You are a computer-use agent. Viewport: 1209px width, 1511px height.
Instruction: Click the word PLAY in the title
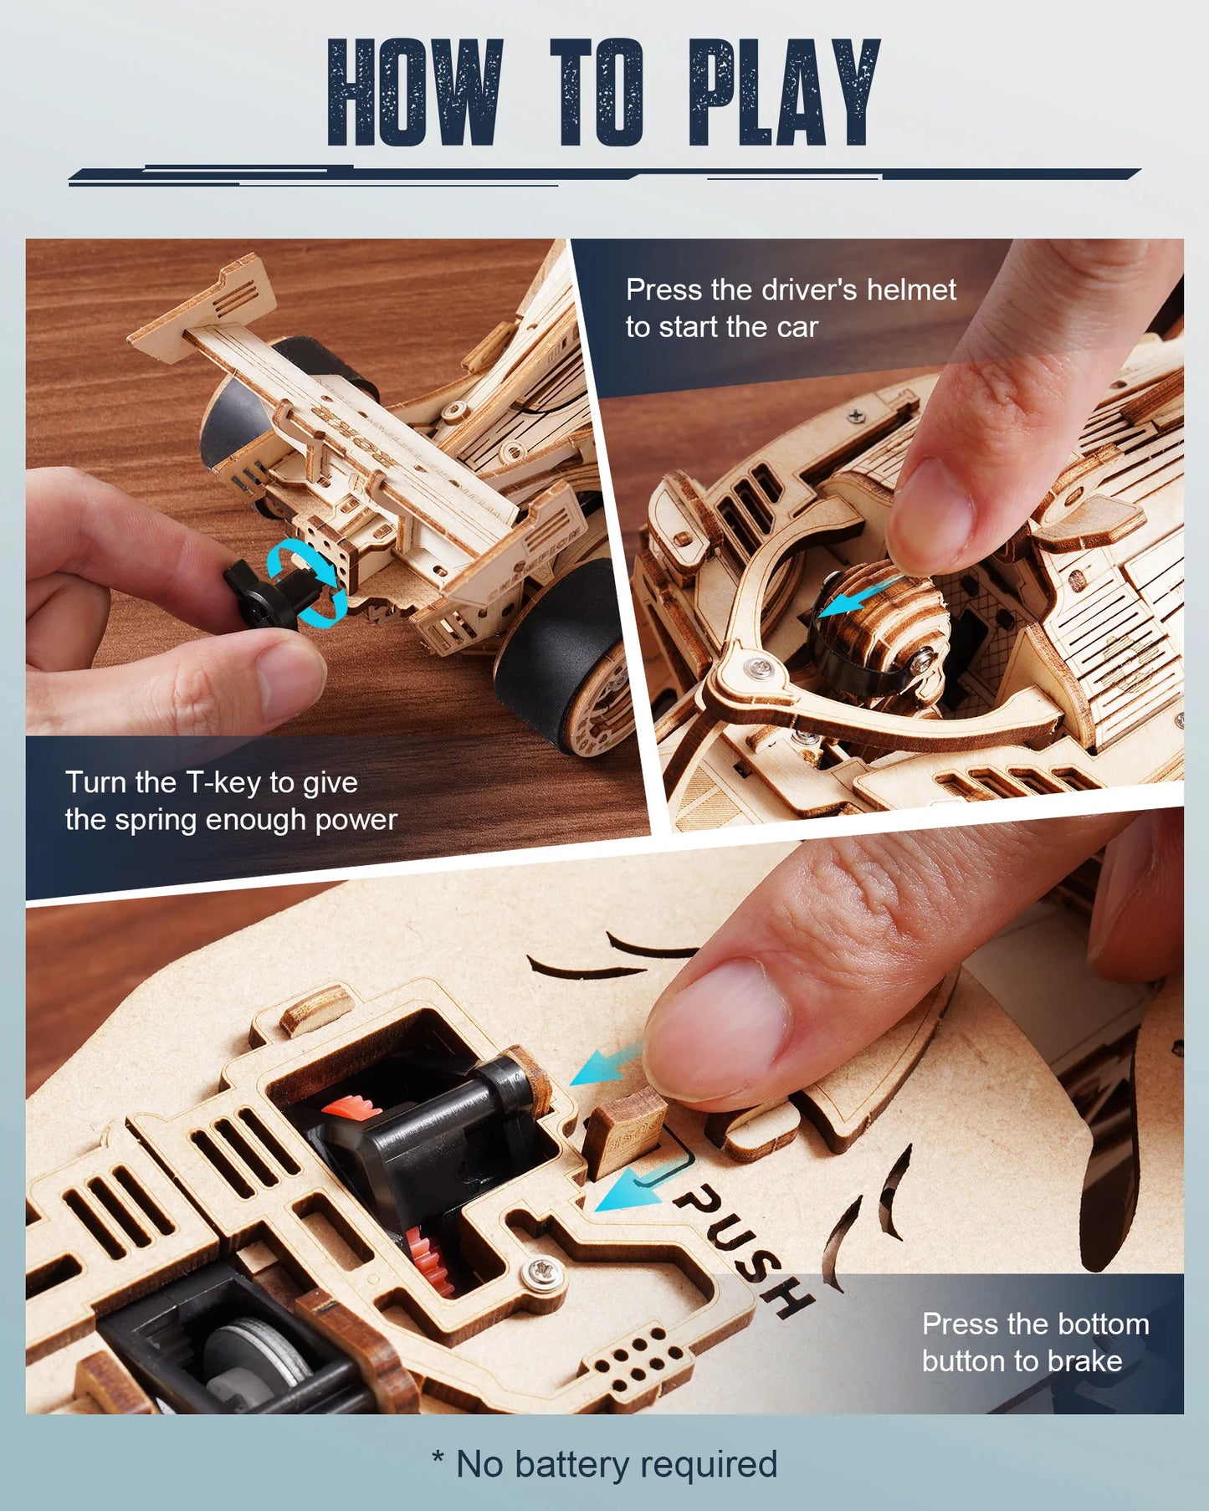tap(784, 94)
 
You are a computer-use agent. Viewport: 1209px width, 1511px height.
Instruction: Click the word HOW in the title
tap(416, 94)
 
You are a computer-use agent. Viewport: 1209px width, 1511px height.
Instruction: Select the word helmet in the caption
tap(911, 289)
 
